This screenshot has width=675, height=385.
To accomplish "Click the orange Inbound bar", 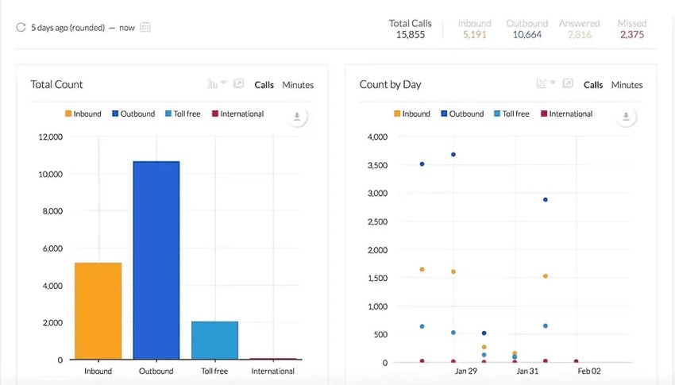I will tap(98, 310).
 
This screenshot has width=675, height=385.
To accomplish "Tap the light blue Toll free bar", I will tap(214, 340).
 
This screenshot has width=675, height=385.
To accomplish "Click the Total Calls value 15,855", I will tap(411, 35).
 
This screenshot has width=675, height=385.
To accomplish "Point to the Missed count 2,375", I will tap(632, 35).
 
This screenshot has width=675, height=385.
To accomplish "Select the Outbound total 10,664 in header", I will tap(527, 35).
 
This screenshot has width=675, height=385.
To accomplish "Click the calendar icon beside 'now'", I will tap(145, 27).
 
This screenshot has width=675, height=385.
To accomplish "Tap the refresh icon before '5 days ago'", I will tap(21, 28).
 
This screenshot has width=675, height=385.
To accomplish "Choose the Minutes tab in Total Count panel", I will tap(298, 85).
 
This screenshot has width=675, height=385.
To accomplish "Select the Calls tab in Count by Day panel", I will tap(593, 85).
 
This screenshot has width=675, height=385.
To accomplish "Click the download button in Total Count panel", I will tap(296, 117).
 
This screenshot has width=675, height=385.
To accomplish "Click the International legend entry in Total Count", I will tap(237, 114).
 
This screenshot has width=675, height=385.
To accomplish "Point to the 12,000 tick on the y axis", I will tap(50, 137).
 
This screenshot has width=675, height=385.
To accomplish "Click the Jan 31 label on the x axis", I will tap(528, 371).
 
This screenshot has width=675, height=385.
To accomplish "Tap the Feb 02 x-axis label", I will tap(588, 371).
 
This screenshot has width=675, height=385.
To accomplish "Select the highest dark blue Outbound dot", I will tap(453, 155).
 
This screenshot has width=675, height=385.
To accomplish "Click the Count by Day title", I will tap(390, 85).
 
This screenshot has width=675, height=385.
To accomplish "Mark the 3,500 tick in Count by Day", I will tap(375, 165).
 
